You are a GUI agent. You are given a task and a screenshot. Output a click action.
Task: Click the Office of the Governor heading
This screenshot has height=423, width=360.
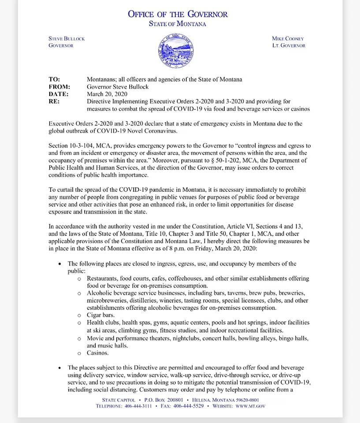[178, 14]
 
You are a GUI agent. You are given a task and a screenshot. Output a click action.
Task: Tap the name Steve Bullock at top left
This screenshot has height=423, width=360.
[67, 38]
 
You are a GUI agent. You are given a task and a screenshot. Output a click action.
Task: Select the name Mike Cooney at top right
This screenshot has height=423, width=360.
[288, 38]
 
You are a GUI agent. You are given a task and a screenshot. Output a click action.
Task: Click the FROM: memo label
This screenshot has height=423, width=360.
[59, 87]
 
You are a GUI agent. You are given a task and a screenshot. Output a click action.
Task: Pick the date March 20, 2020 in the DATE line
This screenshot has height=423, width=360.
[107, 94]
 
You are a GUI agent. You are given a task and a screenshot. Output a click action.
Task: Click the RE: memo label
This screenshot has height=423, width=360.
[54, 101]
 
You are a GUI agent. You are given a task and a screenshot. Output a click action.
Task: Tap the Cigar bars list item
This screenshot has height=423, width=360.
[100, 315]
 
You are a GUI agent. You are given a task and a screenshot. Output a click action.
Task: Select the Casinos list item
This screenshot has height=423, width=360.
[97, 353]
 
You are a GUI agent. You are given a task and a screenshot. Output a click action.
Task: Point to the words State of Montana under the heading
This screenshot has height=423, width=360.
[178, 24]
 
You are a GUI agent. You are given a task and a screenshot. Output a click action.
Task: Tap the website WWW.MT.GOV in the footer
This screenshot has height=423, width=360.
[250, 406]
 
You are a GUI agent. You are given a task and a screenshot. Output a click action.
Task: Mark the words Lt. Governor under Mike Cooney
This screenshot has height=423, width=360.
[289, 45]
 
